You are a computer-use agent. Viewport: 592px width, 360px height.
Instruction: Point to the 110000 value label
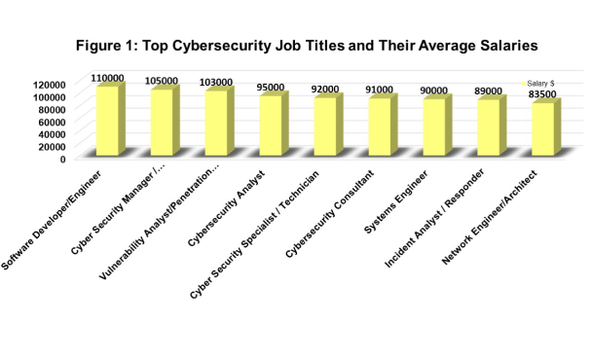pyautogui.click(x=107, y=78)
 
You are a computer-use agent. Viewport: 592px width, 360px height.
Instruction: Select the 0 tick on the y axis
pyautogui.click(x=62, y=158)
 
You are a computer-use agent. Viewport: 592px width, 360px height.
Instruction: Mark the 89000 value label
pyautogui.click(x=490, y=91)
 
